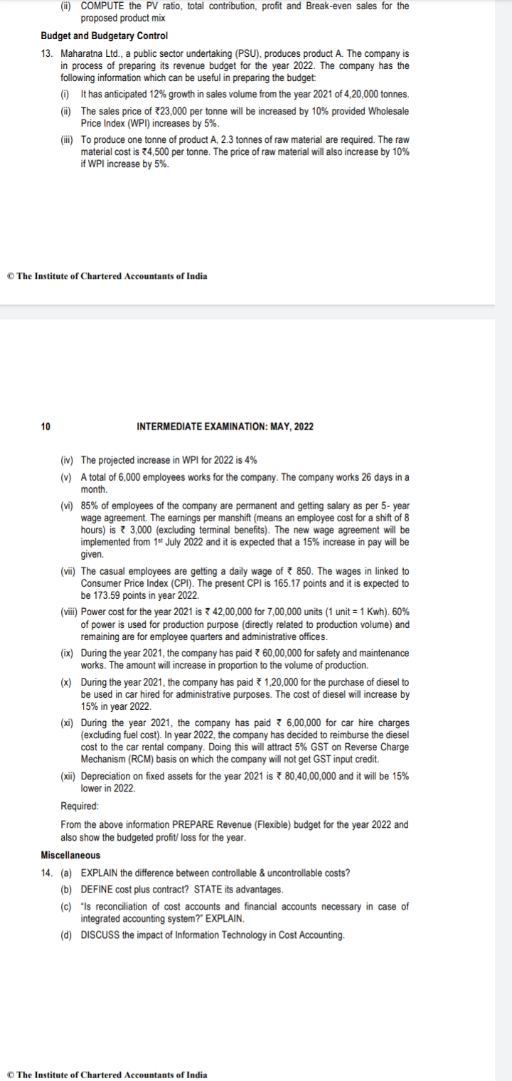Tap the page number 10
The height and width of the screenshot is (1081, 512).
[46, 427]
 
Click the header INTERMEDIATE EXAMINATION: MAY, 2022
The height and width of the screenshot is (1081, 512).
[224, 427]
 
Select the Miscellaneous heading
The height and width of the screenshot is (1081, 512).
[70, 855]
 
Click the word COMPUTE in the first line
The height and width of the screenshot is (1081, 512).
[105, 6]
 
